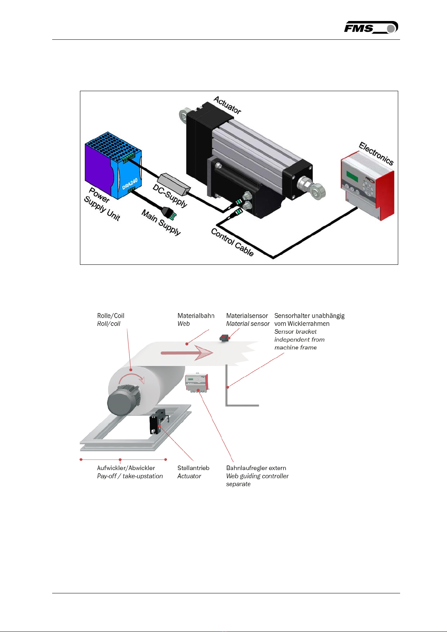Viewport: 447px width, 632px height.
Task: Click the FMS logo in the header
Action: pos(371,27)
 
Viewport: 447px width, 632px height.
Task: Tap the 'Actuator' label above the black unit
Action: pos(227,105)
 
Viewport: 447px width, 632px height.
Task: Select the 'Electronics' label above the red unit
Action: pos(376,153)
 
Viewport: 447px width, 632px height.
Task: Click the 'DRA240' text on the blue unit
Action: pos(130,184)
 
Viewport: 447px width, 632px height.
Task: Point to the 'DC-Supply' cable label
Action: pos(170,195)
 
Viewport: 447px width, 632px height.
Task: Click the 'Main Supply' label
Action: pos(161,222)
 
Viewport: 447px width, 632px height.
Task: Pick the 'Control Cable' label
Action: pos(232,242)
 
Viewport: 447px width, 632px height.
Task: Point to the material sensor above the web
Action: pos(224,338)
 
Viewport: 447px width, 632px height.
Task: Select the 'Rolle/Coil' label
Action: pos(111,316)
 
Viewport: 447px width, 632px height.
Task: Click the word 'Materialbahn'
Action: pos(196,316)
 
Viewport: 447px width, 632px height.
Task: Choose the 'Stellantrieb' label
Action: pos(193,468)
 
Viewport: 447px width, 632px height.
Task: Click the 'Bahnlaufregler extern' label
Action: pos(256,468)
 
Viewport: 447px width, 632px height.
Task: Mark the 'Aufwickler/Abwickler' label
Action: pos(126,468)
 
